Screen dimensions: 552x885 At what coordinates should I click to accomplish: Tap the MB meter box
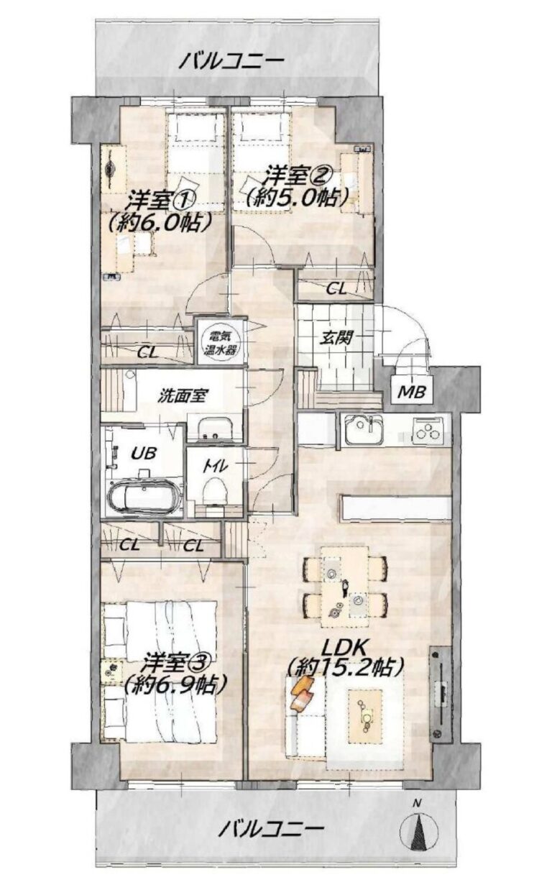pos(411,393)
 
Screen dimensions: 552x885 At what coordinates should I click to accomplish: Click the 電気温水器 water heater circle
pos(220,342)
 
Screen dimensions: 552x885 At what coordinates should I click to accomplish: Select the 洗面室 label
pos(181,396)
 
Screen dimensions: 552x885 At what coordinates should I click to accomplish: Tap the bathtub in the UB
pos(144,495)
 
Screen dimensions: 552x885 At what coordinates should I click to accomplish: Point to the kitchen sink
pos(364,430)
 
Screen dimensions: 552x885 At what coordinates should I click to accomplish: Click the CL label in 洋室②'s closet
pos(336,290)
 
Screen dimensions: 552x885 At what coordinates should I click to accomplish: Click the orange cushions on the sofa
pos(303,692)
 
